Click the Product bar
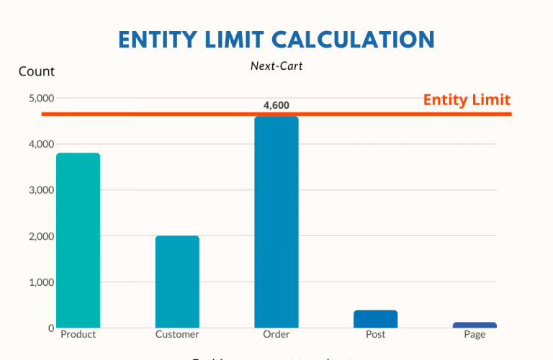click(78, 240)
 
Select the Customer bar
click(177, 282)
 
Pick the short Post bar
click(375, 319)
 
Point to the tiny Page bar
click(475, 325)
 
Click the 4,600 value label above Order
click(276, 105)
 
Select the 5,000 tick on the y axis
click(40, 98)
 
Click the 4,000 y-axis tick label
click(40, 144)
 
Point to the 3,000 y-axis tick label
click(40, 190)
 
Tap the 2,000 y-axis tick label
click(40, 236)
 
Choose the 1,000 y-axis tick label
click(40, 282)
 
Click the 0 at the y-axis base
click(50, 328)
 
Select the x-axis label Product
click(78, 335)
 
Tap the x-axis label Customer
click(177, 335)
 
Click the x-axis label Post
click(375, 335)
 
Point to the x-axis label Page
click(475, 335)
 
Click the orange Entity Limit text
click(467, 100)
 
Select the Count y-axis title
click(36, 71)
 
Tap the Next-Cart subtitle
click(276, 66)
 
